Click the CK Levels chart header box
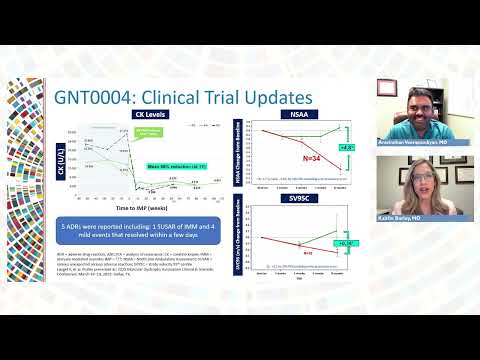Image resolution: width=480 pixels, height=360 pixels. pyautogui.click(x=146, y=115)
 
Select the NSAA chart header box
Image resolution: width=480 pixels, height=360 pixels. pyautogui.click(x=299, y=115)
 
